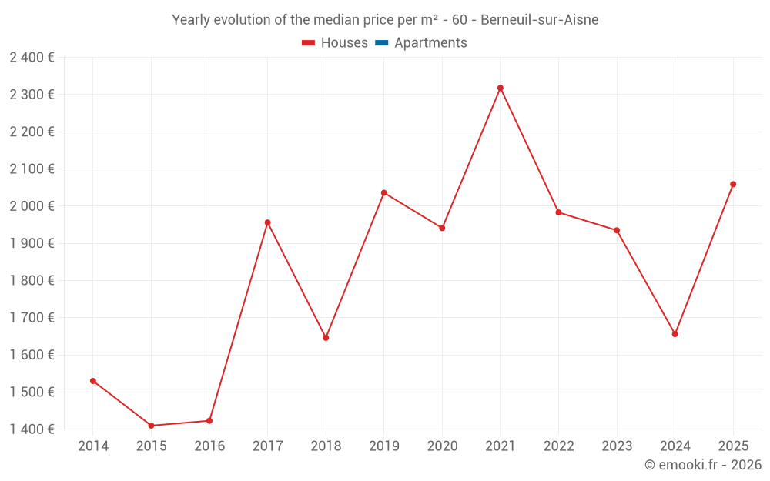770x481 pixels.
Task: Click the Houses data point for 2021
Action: (x=500, y=88)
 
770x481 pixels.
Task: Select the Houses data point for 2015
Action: (x=151, y=426)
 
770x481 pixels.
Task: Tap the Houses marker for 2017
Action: (x=267, y=222)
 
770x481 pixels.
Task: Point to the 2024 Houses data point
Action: (x=675, y=334)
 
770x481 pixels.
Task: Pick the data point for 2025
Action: (x=733, y=184)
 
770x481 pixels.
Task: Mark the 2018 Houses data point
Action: (x=326, y=338)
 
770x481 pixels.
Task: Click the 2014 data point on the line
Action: (x=93, y=381)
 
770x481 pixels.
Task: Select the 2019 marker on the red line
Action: (x=384, y=192)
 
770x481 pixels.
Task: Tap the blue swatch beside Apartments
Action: (x=381, y=43)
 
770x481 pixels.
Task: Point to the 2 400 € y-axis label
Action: (x=32, y=57)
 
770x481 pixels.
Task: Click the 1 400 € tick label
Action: (x=32, y=429)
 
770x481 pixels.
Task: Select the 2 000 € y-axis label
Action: (x=32, y=206)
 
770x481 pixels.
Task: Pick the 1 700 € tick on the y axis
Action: (x=32, y=318)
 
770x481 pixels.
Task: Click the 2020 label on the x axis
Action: (x=442, y=446)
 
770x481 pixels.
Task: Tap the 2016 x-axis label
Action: (x=209, y=446)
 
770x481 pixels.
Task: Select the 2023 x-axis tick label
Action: (x=617, y=446)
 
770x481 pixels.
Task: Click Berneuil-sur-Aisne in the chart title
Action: (x=539, y=20)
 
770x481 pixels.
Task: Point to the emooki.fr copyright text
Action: (x=703, y=465)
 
